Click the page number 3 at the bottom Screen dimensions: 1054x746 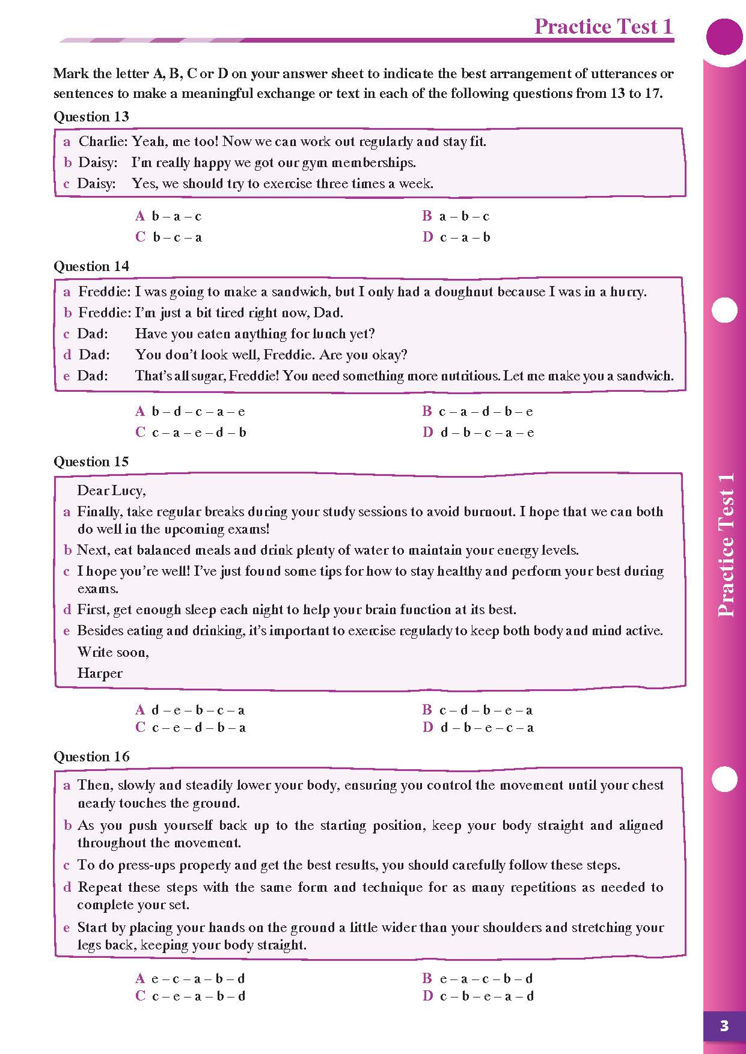724,1026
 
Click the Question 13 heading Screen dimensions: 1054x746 91,117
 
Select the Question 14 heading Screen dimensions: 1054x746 91,266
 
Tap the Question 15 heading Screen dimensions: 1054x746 91,462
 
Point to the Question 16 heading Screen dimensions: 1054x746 91,757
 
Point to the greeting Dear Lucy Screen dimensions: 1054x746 111,491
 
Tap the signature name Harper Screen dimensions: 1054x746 100,674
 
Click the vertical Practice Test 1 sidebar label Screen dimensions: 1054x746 726,544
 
